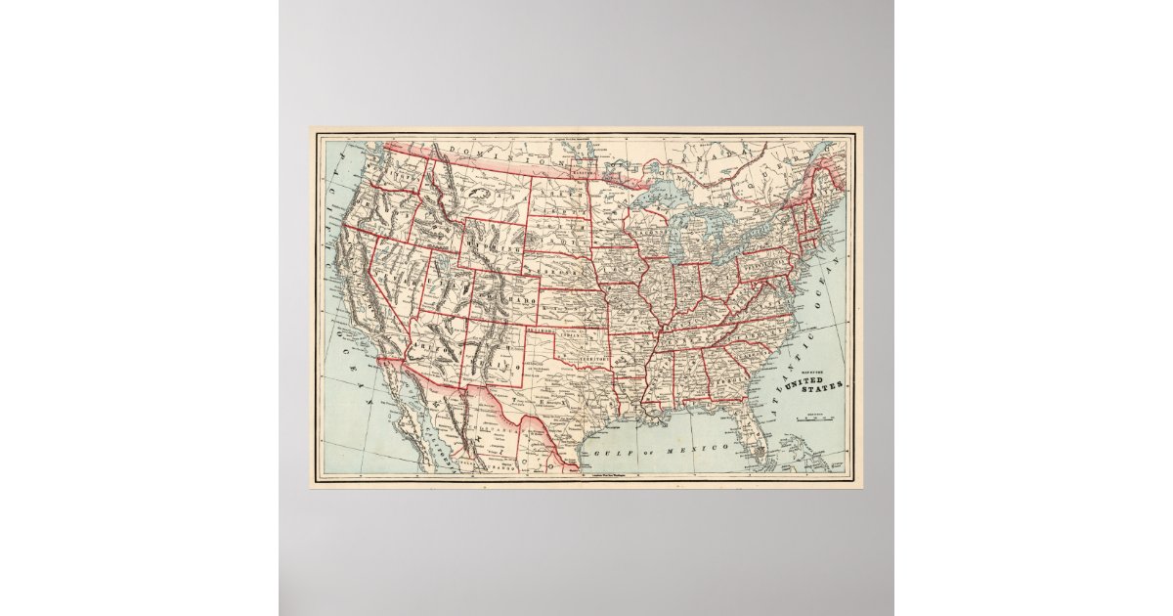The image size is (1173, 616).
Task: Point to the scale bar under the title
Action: (814, 418)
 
